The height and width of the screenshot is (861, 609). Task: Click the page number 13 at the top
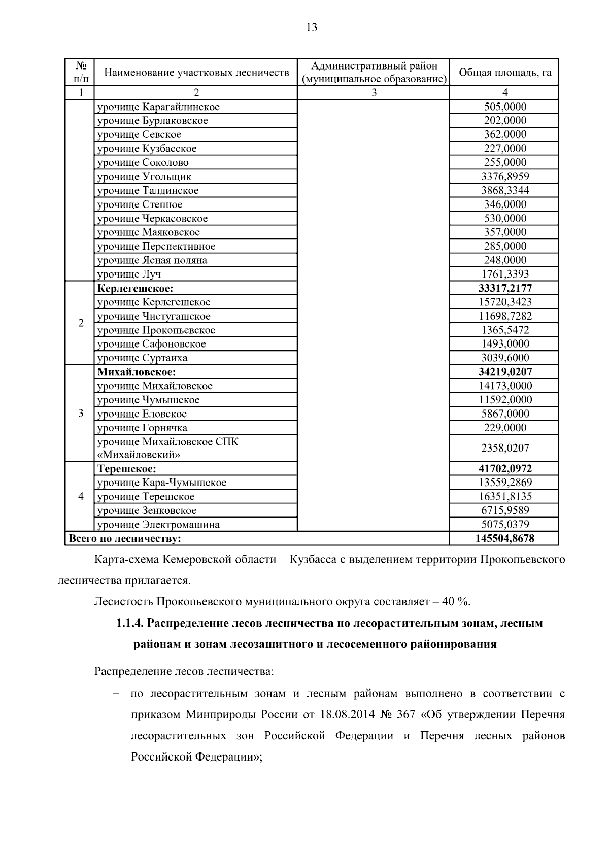(x=312, y=28)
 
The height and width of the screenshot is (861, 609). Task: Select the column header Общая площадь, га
(x=504, y=73)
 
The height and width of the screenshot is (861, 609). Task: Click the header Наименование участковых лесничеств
(x=196, y=73)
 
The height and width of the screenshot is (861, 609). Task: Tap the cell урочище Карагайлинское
(x=158, y=107)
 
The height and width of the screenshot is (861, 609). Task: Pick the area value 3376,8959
(x=504, y=177)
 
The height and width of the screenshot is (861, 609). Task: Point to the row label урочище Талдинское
(x=148, y=191)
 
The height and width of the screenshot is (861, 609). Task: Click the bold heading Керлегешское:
(x=135, y=289)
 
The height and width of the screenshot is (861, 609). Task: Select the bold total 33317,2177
(x=504, y=288)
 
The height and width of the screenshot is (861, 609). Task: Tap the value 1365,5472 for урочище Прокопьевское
(x=504, y=330)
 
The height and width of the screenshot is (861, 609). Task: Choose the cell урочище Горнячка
(x=142, y=428)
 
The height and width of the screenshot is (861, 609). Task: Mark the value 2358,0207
(x=504, y=448)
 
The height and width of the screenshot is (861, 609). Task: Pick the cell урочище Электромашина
(x=158, y=525)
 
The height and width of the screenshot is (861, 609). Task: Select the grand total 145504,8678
(x=504, y=538)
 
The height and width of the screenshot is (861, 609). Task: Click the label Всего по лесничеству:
(x=125, y=539)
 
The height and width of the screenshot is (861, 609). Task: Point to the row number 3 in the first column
(x=80, y=413)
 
